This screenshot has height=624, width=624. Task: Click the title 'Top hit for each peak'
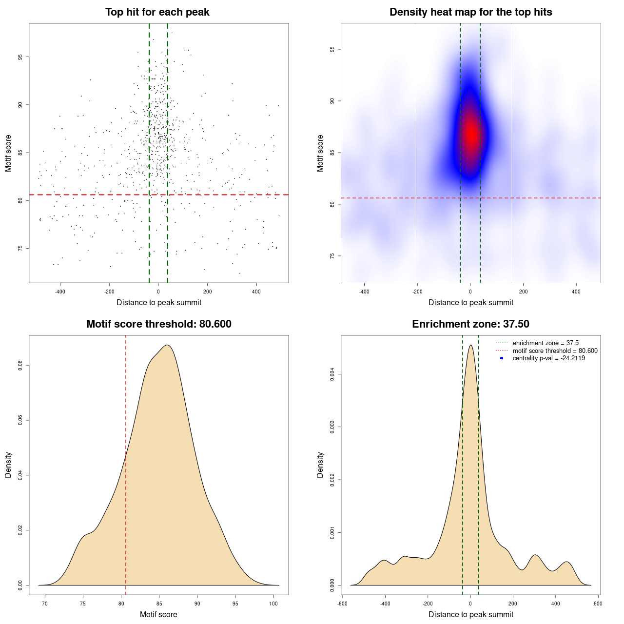click(x=157, y=12)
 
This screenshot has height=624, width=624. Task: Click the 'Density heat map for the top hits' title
click(x=470, y=12)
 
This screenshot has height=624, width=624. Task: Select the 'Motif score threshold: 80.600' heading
click(x=158, y=324)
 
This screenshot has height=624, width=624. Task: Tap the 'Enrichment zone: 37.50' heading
click(x=470, y=324)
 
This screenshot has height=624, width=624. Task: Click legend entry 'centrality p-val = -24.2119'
click(x=548, y=358)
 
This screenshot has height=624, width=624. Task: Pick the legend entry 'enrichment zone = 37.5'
click(x=546, y=343)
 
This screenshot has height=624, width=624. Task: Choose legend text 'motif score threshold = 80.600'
click(x=555, y=351)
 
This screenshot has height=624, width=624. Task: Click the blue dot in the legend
click(x=502, y=358)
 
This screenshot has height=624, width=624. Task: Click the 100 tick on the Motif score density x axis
click(x=273, y=604)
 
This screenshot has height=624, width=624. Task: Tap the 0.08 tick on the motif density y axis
click(x=20, y=366)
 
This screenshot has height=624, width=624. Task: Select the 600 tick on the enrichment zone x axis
click(x=598, y=604)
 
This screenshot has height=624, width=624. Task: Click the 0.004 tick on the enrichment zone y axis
click(x=332, y=374)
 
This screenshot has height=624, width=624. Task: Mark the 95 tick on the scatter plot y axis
click(x=20, y=57)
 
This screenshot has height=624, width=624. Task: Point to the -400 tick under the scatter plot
click(x=60, y=292)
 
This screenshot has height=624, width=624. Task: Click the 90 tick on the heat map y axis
click(x=332, y=101)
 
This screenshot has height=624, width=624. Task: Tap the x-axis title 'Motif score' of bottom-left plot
click(x=158, y=614)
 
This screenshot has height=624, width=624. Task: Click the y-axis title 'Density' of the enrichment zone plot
click(x=320, y=465)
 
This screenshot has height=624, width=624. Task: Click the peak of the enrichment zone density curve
click(x=470, y=345)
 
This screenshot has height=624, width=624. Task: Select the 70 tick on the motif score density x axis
click(x=45, y=604)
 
